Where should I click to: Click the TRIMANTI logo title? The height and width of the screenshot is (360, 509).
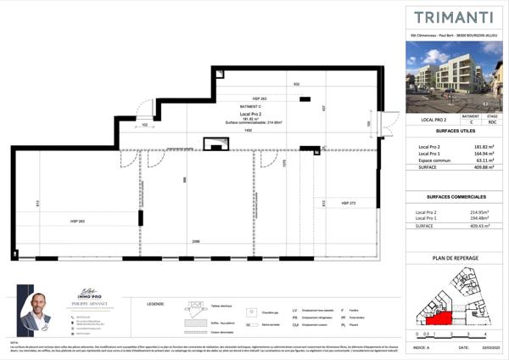[x=454, y=16]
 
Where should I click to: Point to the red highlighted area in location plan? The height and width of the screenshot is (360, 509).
[x=438, y=318]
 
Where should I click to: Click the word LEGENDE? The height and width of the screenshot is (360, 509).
[x=155, y=302]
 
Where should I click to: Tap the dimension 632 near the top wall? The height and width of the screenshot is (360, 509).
[x=296, y=85]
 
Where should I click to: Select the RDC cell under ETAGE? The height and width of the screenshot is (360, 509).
[x=491, y=121]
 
